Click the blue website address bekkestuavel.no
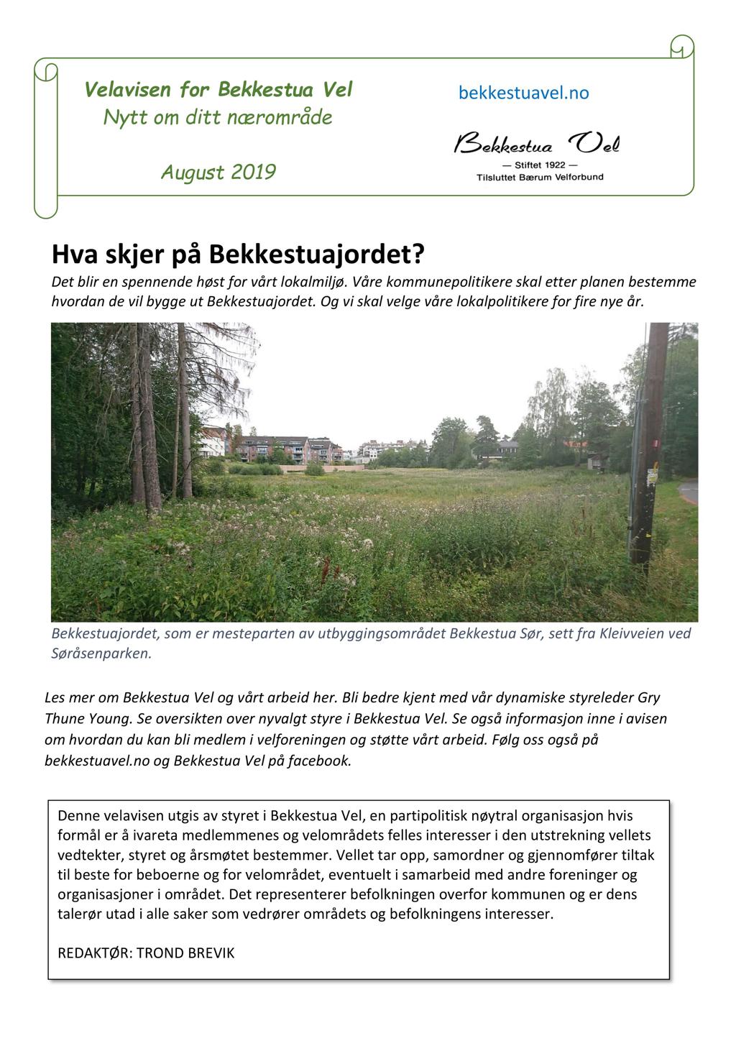[523, 93]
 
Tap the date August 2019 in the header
[218, 173]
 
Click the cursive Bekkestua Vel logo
[536, 145]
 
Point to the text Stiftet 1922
[540, 165]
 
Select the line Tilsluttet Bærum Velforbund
[540, 177]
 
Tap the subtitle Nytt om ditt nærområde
[218, 117]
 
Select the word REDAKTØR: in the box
[95, 953]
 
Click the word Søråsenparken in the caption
[100, 654]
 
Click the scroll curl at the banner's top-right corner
[681, 47]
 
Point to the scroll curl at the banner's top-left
[46, 72]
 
